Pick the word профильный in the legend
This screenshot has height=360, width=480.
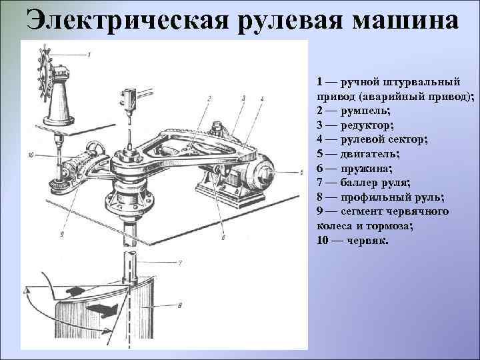[x=371, y=197]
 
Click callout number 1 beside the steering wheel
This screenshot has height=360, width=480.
[x=89, y=53]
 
